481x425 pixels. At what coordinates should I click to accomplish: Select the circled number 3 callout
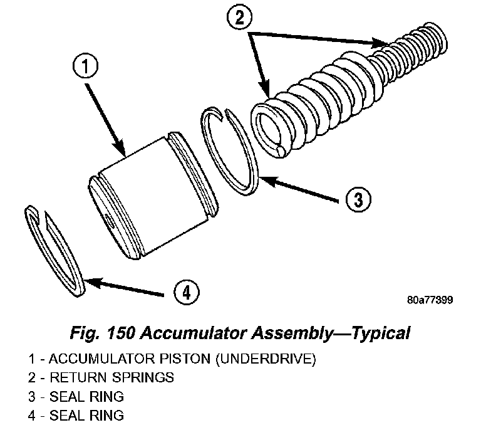[x=356, y=200]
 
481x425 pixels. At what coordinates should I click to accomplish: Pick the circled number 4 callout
[x=185, y=291]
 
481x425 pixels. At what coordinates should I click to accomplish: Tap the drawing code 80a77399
[x=429, y=300]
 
